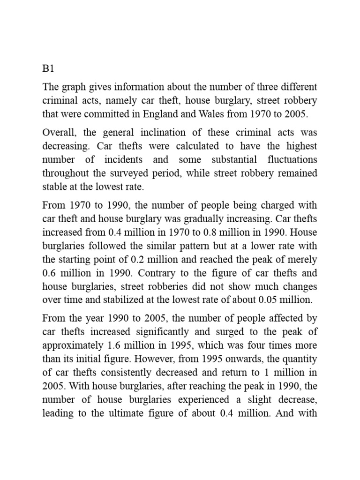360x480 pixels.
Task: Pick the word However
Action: [184, 359]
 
